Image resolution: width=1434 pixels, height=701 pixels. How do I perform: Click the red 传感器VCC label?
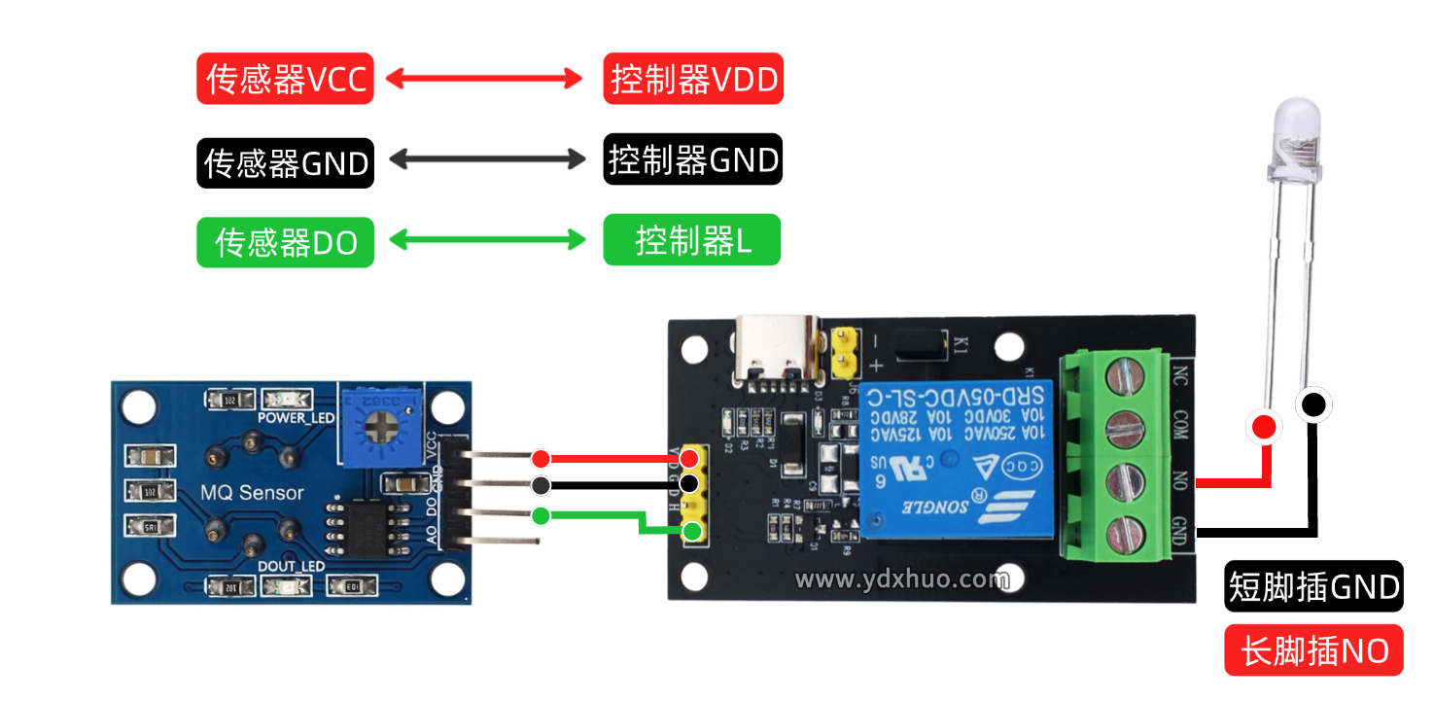[x=285, y=79]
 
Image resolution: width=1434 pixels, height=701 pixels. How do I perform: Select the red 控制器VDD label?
[x=693, y=79]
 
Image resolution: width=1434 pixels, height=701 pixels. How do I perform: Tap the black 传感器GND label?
[x=285, y=162]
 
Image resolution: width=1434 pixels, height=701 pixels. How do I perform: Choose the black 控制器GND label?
[x=692, y=159]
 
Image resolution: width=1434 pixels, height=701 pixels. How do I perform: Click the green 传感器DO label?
[x=285, y=242]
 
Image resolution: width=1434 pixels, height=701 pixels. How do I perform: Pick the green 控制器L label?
[x=691, y=240]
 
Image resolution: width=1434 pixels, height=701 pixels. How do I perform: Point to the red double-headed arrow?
[x=484, y=79]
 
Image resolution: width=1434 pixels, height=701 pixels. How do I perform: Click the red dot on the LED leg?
[x=1264, y=426]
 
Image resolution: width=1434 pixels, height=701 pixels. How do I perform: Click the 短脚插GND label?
[x=1313, y=586]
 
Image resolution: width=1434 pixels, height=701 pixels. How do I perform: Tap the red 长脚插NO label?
[x=1313, y=649]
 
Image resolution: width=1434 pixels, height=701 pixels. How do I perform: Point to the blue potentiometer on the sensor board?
[x=378, y=425]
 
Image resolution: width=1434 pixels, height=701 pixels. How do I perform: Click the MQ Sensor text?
[x=252, y=493]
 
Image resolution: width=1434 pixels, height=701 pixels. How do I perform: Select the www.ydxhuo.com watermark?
[x=902, y=579]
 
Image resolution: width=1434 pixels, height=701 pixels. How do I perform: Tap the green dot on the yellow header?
[x=691, y=530]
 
